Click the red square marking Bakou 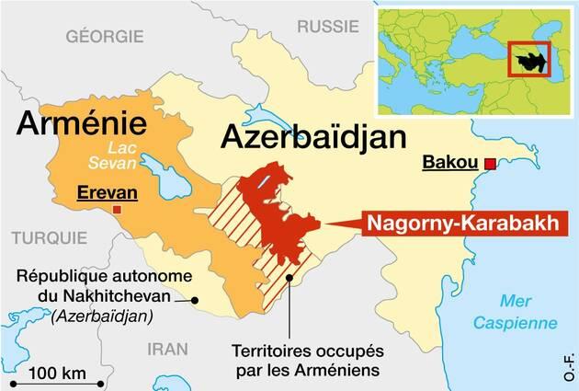click(x=490, y=164)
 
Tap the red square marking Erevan click(x=114, y=210)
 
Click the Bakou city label click(x=449, y=164)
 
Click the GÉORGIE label click(x=104, y=36)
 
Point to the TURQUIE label click(x=40, y=234)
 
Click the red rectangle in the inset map click(x=528, y=60)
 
